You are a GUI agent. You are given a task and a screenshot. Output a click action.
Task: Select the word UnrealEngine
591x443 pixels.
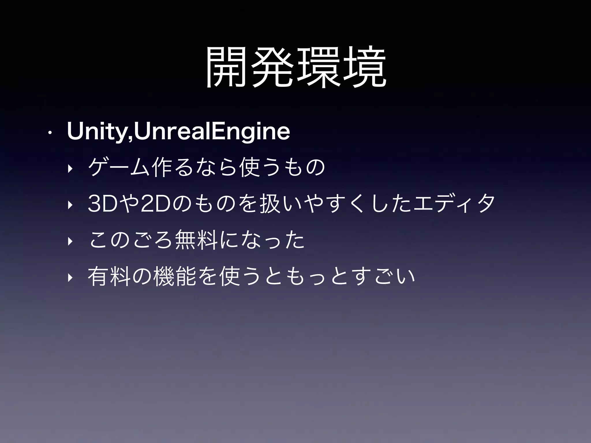click(212, 132)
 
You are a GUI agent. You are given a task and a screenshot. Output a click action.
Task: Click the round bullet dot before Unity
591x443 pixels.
click(50, 133)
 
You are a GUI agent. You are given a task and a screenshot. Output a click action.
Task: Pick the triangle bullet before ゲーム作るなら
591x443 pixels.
click(69, 168)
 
